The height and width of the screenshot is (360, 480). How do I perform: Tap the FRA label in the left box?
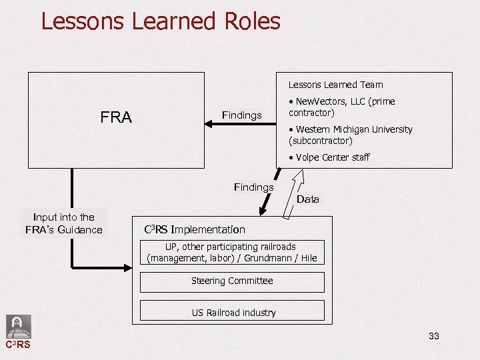click(116, 118)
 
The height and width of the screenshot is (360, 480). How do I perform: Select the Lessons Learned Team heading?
click(335, 85)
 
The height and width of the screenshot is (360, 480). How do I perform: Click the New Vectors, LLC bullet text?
click(341, 107)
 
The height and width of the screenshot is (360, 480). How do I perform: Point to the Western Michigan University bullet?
click(350, 135)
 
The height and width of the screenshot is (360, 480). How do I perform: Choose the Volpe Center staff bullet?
click(329, 157)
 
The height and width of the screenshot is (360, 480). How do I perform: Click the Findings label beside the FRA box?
click(241, 115)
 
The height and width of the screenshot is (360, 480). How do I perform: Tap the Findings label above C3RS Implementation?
click(253, 187)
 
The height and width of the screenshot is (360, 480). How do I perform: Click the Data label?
click(307, 199)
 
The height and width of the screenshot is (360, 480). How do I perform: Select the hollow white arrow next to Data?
click(294, 194)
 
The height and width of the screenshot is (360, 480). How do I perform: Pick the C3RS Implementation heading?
click(195, 229)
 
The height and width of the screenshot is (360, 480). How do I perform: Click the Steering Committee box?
click(232, 281)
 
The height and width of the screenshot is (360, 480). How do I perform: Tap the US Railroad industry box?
click(232, 311)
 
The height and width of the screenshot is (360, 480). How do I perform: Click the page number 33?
click(433, 336)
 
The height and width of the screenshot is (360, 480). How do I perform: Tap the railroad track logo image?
click(18, 327)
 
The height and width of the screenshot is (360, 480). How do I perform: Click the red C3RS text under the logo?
click(18, 345)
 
